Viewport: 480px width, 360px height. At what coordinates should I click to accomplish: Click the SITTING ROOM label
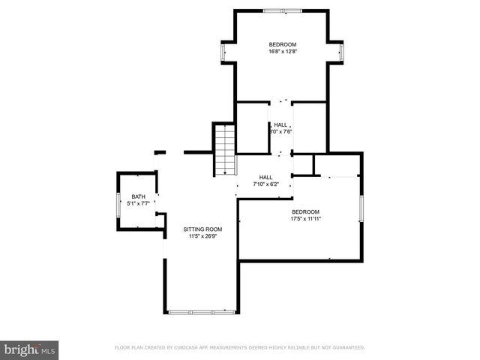pos(203,229)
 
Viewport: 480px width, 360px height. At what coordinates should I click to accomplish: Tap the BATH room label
pos(139,196)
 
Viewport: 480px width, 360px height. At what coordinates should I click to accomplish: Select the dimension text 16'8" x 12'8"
pos(283,52)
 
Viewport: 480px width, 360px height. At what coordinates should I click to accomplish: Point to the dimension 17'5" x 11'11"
pos(305,219)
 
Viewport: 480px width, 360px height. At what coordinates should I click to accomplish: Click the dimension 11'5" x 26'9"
pos(203,236)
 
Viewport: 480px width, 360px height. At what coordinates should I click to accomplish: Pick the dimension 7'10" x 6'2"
pos(265,184)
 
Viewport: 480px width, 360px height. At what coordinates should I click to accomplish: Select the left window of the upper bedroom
pos(223,52)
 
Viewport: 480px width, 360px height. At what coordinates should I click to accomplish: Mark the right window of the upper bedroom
pos(342,52)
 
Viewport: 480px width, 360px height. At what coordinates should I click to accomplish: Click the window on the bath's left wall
pos(118,203)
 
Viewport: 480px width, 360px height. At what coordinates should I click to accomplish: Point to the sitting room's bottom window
pos(200,312)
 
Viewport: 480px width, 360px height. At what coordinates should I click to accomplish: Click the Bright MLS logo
pos(29,349)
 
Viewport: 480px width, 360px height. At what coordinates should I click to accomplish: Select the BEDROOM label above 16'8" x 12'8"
pos(283,44)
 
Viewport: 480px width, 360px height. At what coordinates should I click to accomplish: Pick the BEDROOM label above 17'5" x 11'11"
pos(305,211)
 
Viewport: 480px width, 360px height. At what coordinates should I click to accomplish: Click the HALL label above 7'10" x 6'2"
pos(265,176)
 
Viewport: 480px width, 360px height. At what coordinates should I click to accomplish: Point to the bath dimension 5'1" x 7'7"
pos(139,202)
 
